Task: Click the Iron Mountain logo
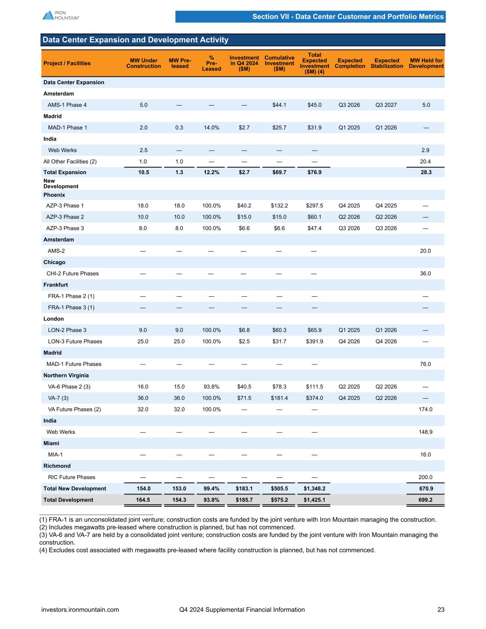(60, 15)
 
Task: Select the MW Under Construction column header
(143, 63)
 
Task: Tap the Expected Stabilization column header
(386, 63)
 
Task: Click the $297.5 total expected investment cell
(314, 206)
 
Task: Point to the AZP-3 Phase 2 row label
(65, 217)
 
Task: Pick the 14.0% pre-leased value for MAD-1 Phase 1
(211, 128)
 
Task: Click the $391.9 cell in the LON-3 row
(314, 341)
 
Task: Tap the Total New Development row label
(75, 488)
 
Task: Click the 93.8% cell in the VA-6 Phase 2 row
(211, 387)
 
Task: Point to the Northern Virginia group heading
(66, 376)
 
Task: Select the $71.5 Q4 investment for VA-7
(244, 398)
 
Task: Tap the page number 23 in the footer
(441, 610)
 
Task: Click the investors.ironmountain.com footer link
(80, 610)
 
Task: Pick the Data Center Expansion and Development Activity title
(135, 40)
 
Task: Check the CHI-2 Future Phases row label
(72, 274)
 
